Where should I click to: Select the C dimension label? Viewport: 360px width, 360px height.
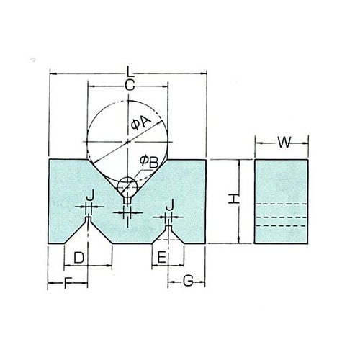click(x=128, y=86)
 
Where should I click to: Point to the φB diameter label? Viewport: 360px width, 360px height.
click(x=149, y=162)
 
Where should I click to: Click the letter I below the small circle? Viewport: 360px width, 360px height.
click(x=127, y=221)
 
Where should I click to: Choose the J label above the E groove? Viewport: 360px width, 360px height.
click(x=169, y=206)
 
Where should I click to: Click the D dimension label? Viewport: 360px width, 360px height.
click(x=79, y=256)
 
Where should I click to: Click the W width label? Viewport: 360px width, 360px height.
click(x=283, y=143)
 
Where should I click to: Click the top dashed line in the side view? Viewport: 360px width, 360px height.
click(x=282, y=204)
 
